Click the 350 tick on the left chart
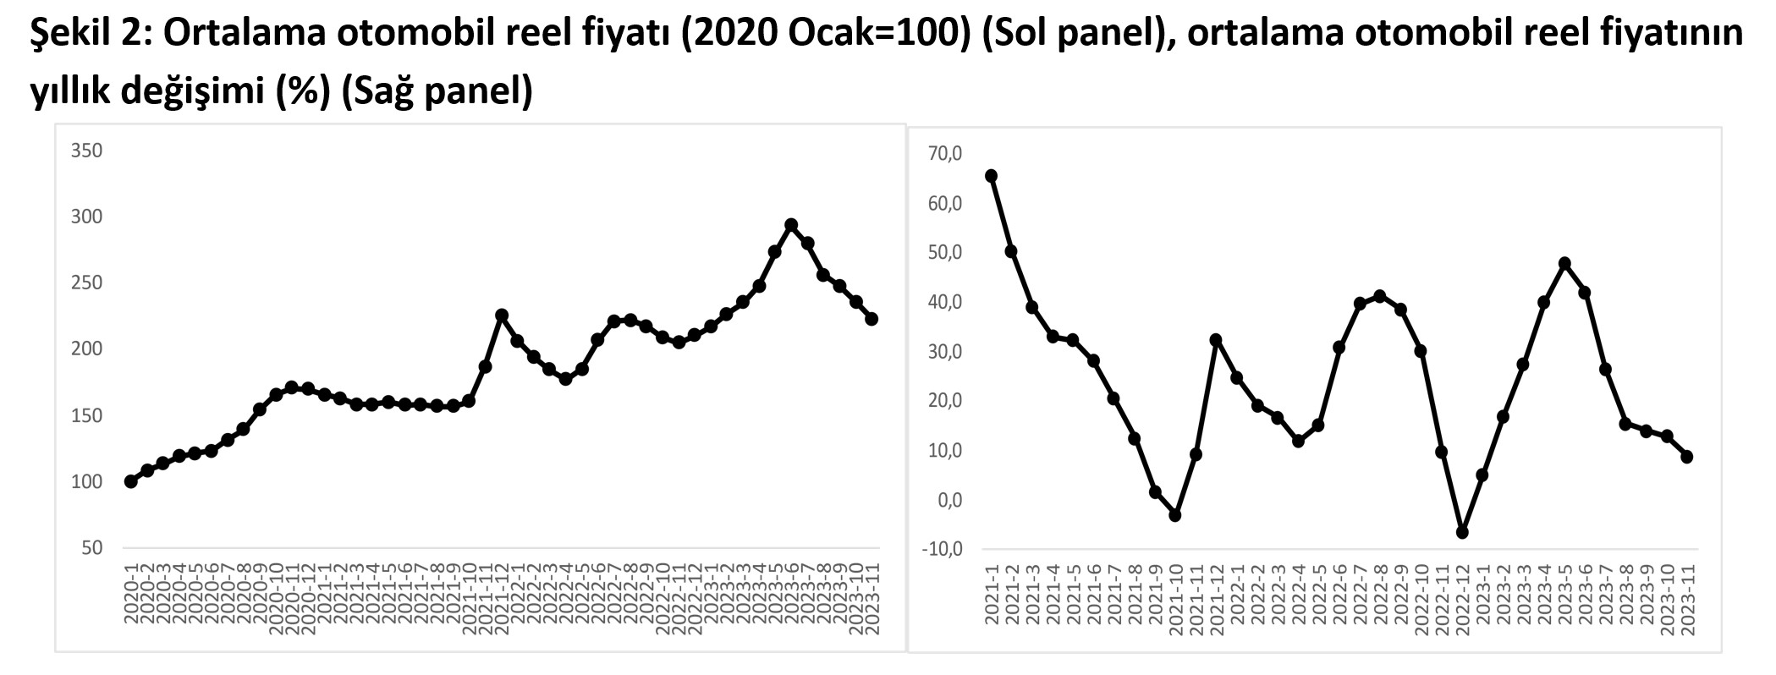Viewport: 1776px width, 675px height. [x=87, y=151]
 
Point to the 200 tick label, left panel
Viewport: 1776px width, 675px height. [x=87, y=349]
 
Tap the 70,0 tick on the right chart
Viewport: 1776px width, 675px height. [x=945, y=154]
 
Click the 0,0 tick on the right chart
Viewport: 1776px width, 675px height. [x=949, y=500]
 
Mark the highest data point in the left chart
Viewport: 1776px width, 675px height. [x=791, y=225]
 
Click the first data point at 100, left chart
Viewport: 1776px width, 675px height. [x=130, y=481]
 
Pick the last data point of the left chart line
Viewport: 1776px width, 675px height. [x=872, y=319]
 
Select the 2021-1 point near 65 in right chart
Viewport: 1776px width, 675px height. [x=991, y=176]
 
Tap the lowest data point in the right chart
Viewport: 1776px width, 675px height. [x=1461, y=532]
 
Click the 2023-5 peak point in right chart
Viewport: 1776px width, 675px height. [x=1564, y=263]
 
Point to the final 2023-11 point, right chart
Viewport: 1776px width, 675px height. [x=1686, y=457]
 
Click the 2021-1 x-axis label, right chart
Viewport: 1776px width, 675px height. [x=992, y=595]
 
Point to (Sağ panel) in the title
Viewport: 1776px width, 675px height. [x=436, y=91]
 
